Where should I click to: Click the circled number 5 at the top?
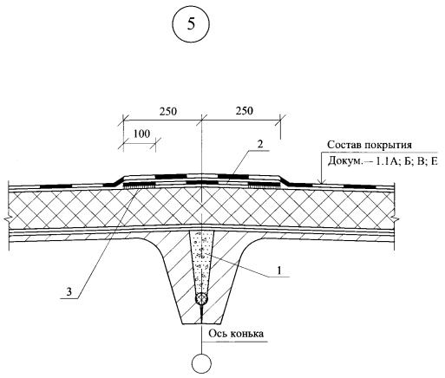point(191,24)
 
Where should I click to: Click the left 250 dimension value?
point(168,112)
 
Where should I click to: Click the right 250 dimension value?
point(244,111)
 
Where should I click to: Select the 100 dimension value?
point(141,134)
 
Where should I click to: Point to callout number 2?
point(260,144)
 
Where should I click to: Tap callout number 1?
point(279,270)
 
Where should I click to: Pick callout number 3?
point(69,292)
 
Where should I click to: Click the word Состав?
point(344,145)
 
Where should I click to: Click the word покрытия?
point(389,146)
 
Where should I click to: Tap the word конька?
point(246,334)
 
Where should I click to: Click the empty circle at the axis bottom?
point(201,363)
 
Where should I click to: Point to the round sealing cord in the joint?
point(201,298)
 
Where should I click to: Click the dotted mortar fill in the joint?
point(201,261)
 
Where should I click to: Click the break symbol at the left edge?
point(8,218)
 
